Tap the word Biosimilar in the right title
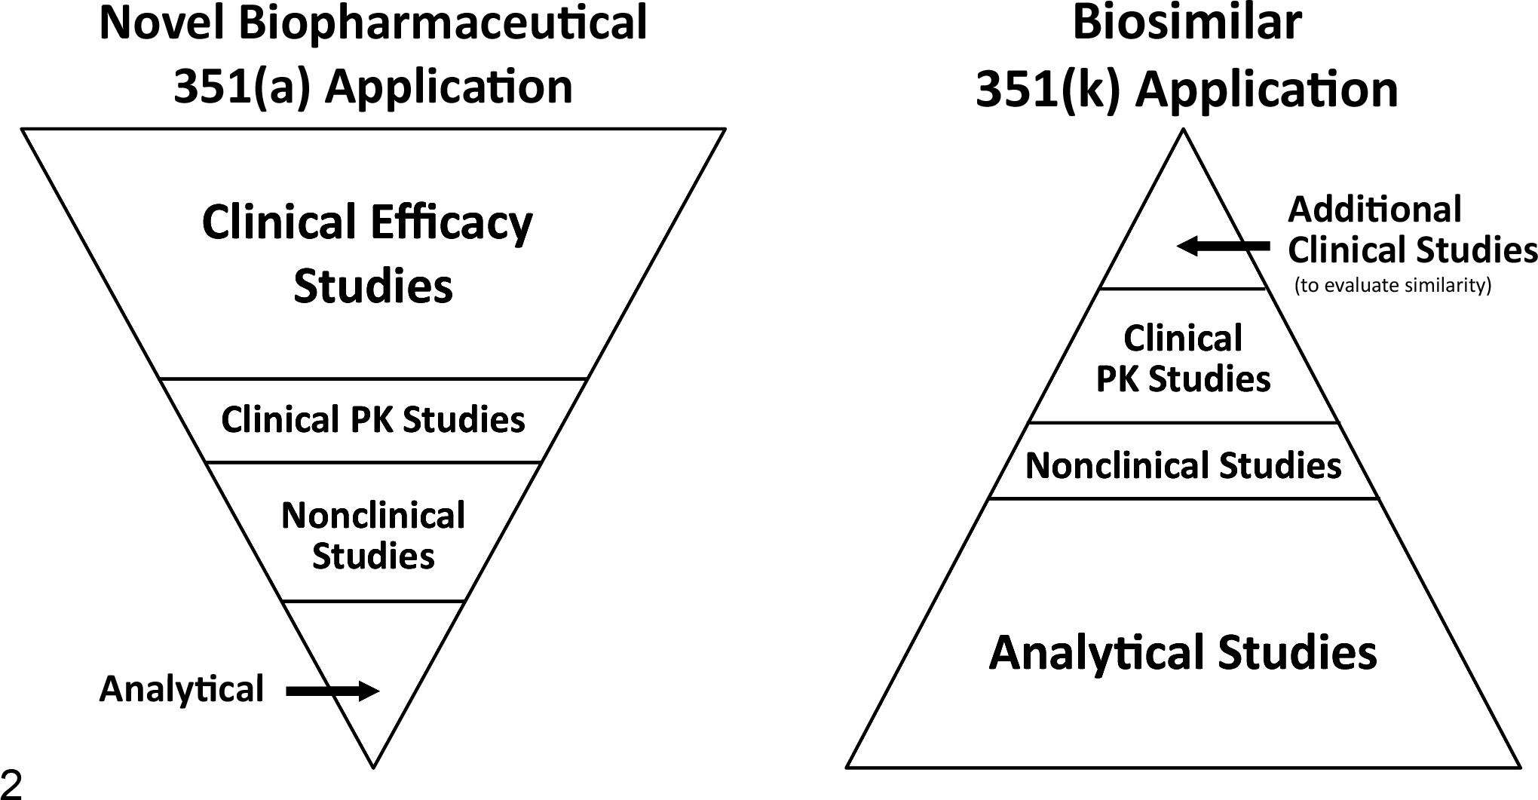[x=1187, y=23]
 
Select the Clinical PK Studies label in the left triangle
[x=373, y=420]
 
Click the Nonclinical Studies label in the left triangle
[x=373, y=536]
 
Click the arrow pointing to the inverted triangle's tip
[x=332, y=691]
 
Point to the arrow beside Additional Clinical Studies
[x=1223, y=246]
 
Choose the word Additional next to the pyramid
[x=1374, y=210]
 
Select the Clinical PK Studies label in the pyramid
[x=1183, y=359]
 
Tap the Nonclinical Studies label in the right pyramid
[x=1183, y=466]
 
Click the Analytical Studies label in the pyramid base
[x=1183, y=653]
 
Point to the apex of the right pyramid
[x=1184, y=130]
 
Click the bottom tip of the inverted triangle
[x=373, y=768]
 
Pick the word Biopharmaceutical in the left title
[x=443, y=25]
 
